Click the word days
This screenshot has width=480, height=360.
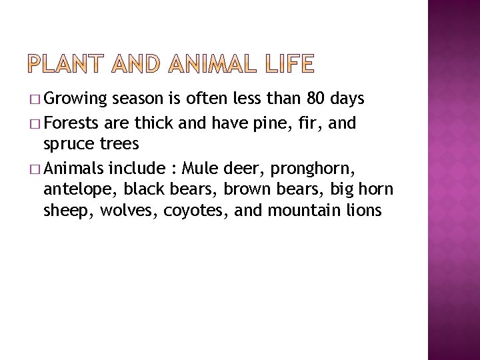[x=347, y=99]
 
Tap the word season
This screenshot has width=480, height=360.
[x=139, y=100]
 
